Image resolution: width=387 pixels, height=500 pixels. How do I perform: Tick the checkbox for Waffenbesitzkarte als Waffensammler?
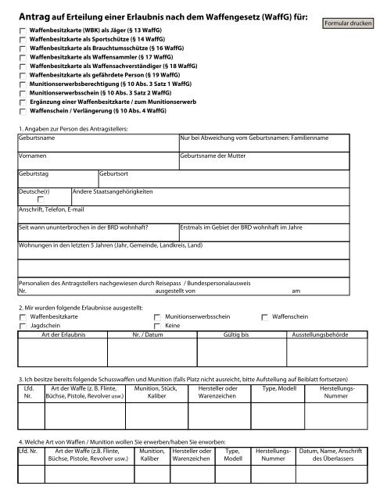click(22, 59)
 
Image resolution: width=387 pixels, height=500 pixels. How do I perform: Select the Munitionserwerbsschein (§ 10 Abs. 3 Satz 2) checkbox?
click(22, 91)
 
